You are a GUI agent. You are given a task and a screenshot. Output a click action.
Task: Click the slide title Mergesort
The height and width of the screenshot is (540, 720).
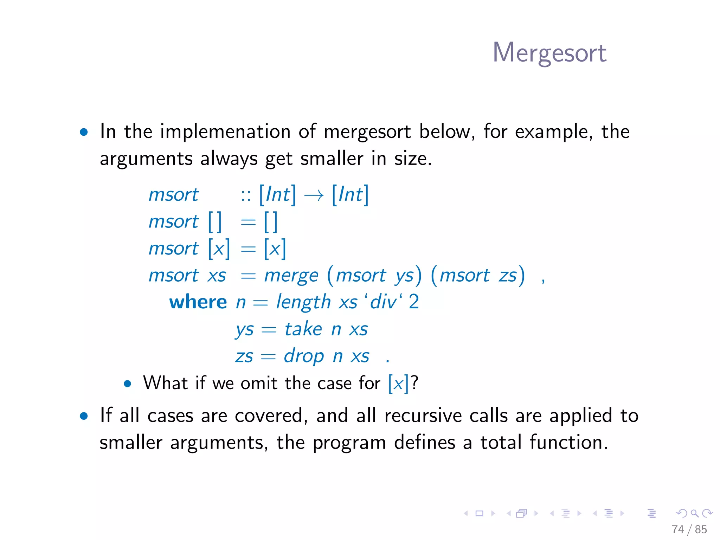pyautogui.click(x=549, y=53)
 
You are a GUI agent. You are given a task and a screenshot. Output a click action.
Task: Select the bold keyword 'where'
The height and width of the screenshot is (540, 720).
pyautogui.click(x=198, y=302)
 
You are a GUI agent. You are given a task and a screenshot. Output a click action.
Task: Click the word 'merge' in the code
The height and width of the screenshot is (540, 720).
pyautogui.click(x=291, y=275)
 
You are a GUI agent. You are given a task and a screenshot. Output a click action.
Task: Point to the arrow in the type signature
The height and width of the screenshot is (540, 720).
pyautogui.click(x=314, y=195)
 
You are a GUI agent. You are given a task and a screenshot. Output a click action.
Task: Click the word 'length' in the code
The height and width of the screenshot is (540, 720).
pyautogui.click(x=303, y=302)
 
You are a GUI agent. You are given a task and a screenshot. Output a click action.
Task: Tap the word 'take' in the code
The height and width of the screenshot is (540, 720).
pyautogui.click(x=303, y=329)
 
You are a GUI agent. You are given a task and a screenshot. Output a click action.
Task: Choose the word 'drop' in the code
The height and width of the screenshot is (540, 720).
pyautogui.click(x=304, y=356)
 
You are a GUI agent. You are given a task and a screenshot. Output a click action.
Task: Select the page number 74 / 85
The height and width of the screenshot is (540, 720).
pyautogui.click(x=689, y=529)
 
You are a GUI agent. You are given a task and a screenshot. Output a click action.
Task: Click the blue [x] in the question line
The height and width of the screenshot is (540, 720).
pyautogui.click(x=398, y=383)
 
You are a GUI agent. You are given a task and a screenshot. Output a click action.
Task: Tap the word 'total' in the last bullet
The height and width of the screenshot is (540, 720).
pyautogui.click(x=501, y=442)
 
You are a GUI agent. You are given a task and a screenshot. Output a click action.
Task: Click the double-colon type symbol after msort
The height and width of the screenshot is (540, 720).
pyautogui.click(x=246, y=195)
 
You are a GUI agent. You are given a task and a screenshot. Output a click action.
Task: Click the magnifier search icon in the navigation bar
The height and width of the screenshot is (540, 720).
pyautogui.click(x=694, y=513)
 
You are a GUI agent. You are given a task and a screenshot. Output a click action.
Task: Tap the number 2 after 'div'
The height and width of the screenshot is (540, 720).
pyautogui.click(x=414, y=302)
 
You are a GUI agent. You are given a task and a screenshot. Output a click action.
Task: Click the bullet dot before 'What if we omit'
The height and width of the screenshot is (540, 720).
pyautogui.click(x=128, y=384)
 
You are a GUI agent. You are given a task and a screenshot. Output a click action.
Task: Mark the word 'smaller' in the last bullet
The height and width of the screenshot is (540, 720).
pyautogui.click(x=131, y=442)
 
